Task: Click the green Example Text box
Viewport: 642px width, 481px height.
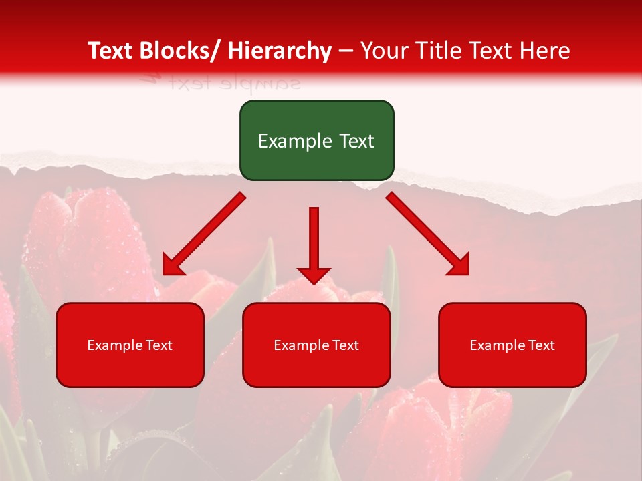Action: pos(316,140)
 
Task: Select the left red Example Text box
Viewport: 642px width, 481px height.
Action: pos(130,345)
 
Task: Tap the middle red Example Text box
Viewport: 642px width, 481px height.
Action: pos(316,345)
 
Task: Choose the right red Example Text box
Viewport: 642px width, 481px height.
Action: pos(512,345)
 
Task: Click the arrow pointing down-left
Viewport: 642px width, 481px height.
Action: pos(204,234)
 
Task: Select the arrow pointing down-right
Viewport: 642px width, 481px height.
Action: pos(428,234)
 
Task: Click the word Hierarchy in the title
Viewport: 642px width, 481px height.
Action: pos(280,51)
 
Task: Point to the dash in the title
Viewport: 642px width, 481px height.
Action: pos(346,51)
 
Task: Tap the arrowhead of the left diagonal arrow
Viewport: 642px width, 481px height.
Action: pos(173,265)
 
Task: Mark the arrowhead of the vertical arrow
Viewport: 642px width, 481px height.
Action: pos(314,275)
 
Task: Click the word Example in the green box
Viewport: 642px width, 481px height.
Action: pos(293,141)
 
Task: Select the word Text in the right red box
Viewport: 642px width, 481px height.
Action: pos(542,345)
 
